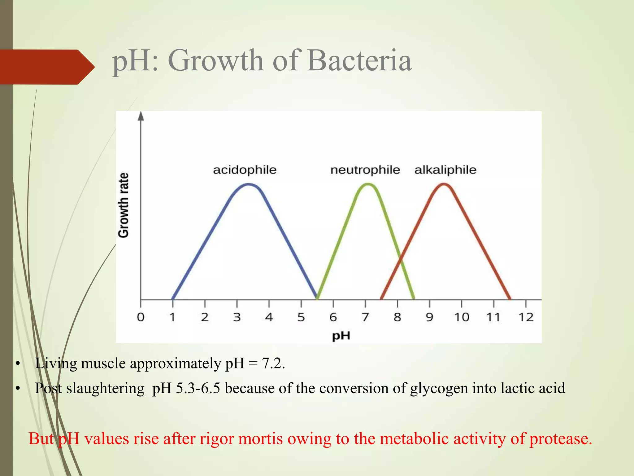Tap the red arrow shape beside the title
(x=46, y=67)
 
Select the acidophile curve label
(x=245, y=170)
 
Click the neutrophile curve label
(x=365, y=170)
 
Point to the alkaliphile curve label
(x=445, y=170)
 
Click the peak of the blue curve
(x=249, y=185)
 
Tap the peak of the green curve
(x=368, y=185)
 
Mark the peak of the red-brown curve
(x=444, y=185)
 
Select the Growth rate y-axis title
(x=124, y=205)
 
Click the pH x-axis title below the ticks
(x=341, y=336)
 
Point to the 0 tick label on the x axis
(x=141, y=317)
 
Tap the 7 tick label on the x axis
(x=365, y=317)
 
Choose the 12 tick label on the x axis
(x=526, y=317)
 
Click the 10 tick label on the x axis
(x=462, y=317)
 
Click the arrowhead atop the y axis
(x=141, y=116)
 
